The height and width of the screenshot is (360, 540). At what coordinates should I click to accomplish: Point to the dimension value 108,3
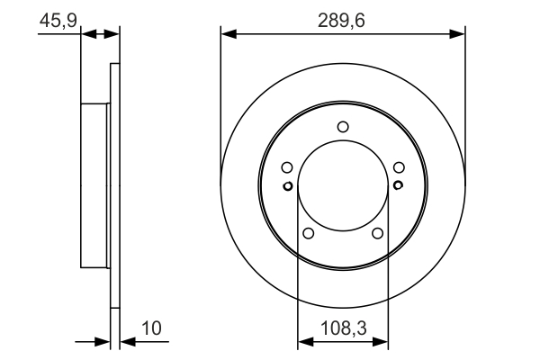[342, 329]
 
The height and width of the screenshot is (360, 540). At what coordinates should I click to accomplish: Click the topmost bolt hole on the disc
[342, 127]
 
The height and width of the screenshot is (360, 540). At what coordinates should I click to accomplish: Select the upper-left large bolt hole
[286, 166]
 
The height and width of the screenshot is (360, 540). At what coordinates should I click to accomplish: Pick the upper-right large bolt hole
[398, 166]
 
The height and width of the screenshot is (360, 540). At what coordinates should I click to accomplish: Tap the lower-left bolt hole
[308, 233]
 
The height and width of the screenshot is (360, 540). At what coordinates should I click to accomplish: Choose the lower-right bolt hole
[377, 233]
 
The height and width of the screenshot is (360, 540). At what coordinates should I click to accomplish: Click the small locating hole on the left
[287, 186]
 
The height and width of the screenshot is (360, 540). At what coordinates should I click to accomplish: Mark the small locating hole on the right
[398, 186]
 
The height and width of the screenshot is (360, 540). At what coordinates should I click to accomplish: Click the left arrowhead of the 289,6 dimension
[227, 35]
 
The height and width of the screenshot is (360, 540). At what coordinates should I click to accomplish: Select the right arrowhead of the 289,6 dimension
[459, 35]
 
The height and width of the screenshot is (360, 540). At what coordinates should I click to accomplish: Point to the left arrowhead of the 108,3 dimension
[303, 342]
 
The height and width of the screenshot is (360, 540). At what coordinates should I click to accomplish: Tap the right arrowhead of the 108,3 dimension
[382, 342]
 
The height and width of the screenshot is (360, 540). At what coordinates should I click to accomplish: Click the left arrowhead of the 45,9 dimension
[87, 35]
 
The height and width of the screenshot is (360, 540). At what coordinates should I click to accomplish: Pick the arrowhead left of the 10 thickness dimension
[103, 342]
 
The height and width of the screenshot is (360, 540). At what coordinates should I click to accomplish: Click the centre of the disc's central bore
[342, 186]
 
